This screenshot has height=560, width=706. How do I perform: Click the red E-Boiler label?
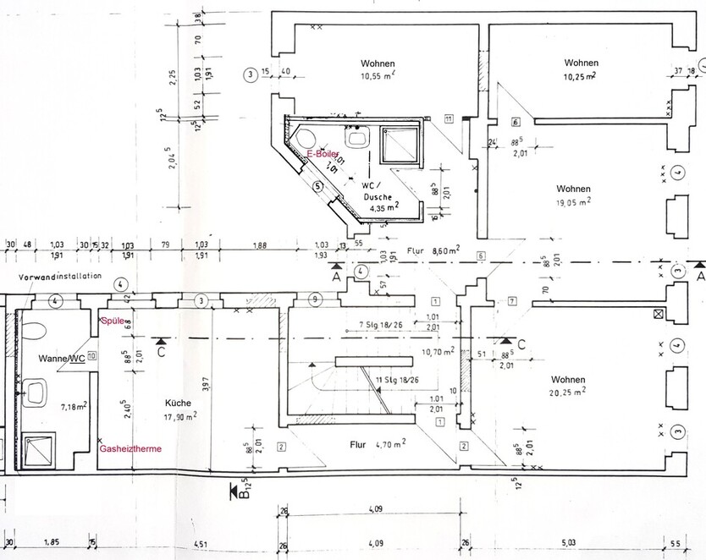click(x=324, y=153)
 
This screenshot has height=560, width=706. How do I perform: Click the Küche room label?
click(x=178, y=404)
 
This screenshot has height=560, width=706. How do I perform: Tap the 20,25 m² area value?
click(x=568, y=393)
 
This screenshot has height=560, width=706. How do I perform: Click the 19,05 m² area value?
click(x=573, y=201)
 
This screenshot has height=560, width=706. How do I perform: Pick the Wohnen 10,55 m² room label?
click(x=378, y=63)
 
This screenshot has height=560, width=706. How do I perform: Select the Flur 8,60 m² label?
click(x=431, y=250)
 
